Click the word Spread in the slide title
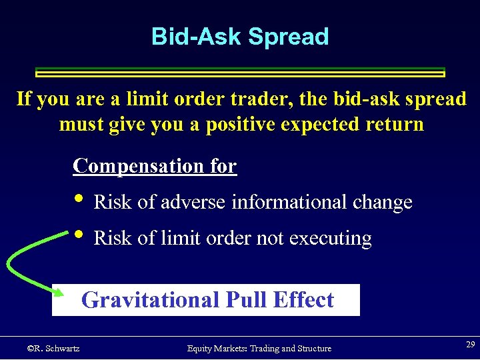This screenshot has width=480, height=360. (x=288, y=37)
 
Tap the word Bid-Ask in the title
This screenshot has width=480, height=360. (x=197, y=37)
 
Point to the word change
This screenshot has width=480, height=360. (x=385, y=202)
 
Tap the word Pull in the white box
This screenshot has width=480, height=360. (x=244, y=300)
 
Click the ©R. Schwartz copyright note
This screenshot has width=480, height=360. (x=53, y=348)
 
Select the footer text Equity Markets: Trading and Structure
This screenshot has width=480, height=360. (x=259, y=348)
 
